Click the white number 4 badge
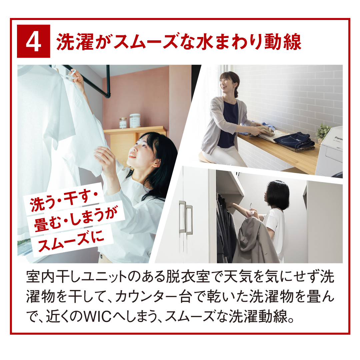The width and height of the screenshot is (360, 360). coord(34,41)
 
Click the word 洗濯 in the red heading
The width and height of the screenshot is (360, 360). coord(75,42)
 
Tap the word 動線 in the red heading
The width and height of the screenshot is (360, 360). coord(283,42)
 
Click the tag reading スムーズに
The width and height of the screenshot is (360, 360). coord(71,241)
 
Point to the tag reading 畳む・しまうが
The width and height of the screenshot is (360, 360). coord(76,219)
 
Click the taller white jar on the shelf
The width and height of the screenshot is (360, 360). coord(135,121)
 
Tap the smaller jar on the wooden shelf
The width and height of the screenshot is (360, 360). coord(123,123)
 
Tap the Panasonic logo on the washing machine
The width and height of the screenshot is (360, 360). coord(338,138)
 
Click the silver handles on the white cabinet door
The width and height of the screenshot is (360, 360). coord(186,218)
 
